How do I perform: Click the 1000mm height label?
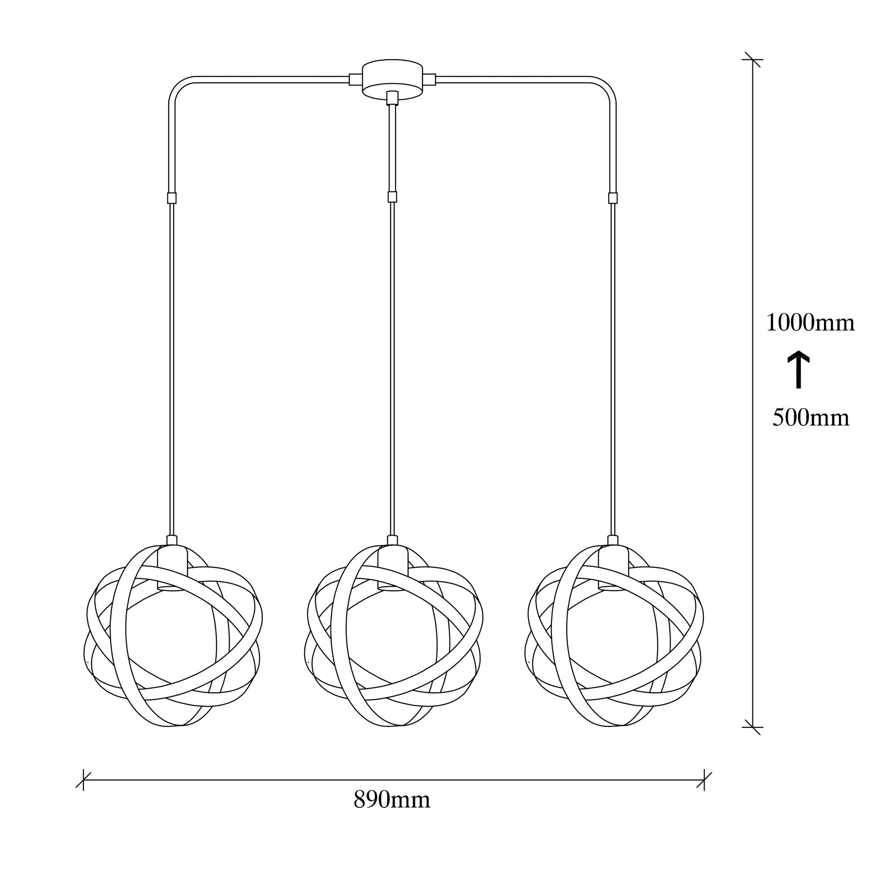point(810,323)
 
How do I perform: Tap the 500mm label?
point(811,418)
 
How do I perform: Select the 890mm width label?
point(392,812)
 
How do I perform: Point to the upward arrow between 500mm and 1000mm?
point(798,369)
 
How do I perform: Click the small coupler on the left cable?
point(171,198)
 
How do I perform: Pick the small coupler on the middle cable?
point(393,197)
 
